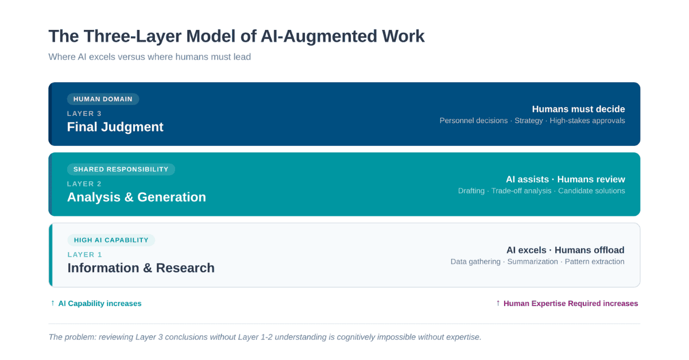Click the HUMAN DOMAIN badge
pos(103,99)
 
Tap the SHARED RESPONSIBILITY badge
pos(121,169)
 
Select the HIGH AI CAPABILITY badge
pos(111,240)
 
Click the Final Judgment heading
pos(115,127)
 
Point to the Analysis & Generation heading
pos(136,197)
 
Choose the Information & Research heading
pos(141,268)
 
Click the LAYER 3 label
pos(84,114)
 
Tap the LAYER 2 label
pos(84,184)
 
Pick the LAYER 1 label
pos(84,254)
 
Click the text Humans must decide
pos(578,109)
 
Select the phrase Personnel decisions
pos(473,121)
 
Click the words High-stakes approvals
pos(587,121)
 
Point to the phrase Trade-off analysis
pos(521,191)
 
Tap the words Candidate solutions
pos(591,191)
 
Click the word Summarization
pos(532,261)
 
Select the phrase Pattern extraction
pos(594,261)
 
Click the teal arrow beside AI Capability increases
pos(53,303)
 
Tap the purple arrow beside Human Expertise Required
pos(498,303)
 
